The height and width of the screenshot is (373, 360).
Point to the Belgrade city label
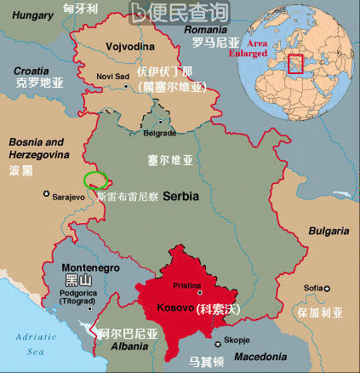[159, 134]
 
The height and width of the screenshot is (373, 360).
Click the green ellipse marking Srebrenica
[95, 180]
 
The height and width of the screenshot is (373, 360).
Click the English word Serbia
[180, 196]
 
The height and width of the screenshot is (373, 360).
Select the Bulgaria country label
[328, 231]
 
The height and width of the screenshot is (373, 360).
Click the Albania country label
[111, 347]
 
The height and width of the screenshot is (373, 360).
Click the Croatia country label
[32, 71]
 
